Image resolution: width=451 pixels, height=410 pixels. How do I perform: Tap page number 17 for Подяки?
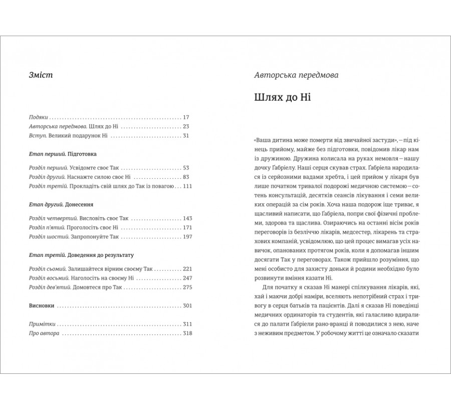coord(186,116)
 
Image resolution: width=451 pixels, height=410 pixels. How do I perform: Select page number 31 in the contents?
coord(186,135)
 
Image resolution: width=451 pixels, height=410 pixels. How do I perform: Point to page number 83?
coord(186,177)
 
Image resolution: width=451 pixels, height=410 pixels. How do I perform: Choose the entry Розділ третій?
coord(47,187)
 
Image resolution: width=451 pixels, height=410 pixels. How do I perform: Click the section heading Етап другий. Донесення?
coord(62,205)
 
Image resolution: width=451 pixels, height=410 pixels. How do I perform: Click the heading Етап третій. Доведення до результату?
coord(80,255)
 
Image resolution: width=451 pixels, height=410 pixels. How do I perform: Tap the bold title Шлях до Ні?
coord(283,97)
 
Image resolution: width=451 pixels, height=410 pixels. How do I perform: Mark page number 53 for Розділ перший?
coord(186,168)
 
